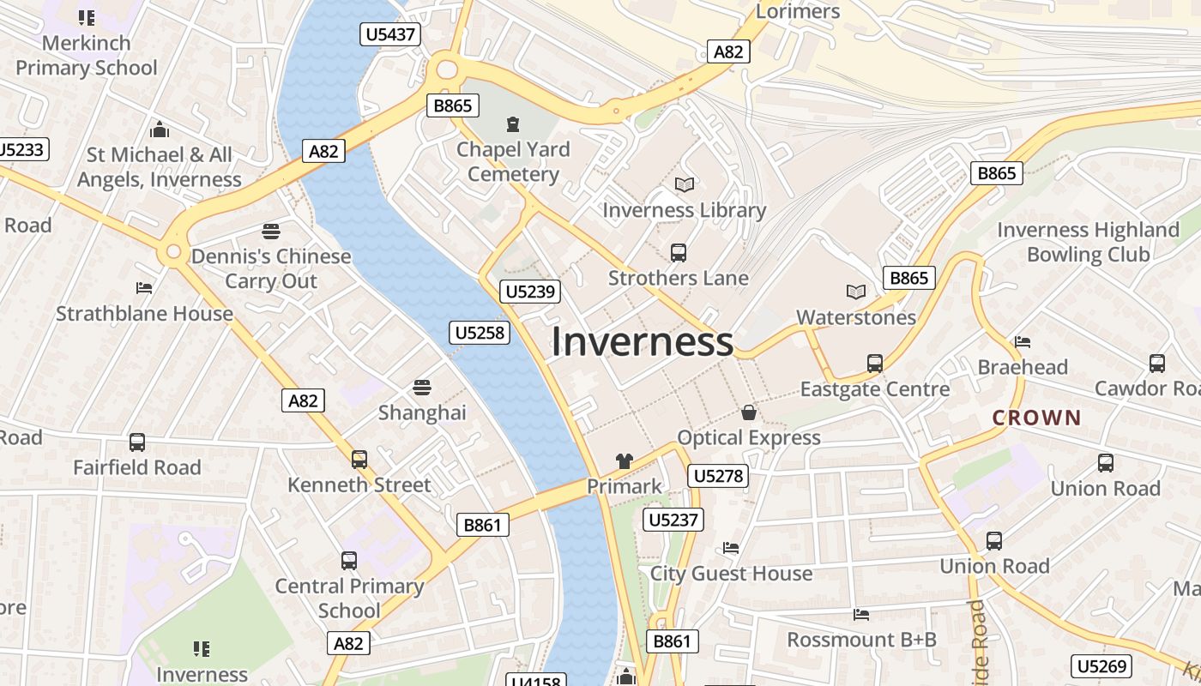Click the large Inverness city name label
(x=642, y=341)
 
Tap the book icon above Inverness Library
(x=684, y=184)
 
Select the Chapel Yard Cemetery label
(x=513, y=161)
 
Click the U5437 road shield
(x=389, y=35)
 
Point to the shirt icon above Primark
(x=624, y=461)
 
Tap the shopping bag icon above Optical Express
(x=749, y=412)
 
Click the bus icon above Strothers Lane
(x=678, y=253)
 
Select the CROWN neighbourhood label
(x=1036, y=418)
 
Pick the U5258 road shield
(x=479, y=333)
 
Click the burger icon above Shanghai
(x=421, y=388)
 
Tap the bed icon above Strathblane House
(x=144, y=288)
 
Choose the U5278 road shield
(x=718, y=475)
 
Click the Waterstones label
(x=855, y=317)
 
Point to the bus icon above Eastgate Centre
(x=874, y=364)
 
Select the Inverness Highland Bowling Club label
(x=1088, y=242)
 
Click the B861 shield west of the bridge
(x=481, y=525)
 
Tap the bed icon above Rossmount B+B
(x=861, y=614)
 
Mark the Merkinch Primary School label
(x=87, y=55)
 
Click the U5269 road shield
(x=1101, y=666)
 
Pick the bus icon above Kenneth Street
(x=359, y=460)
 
